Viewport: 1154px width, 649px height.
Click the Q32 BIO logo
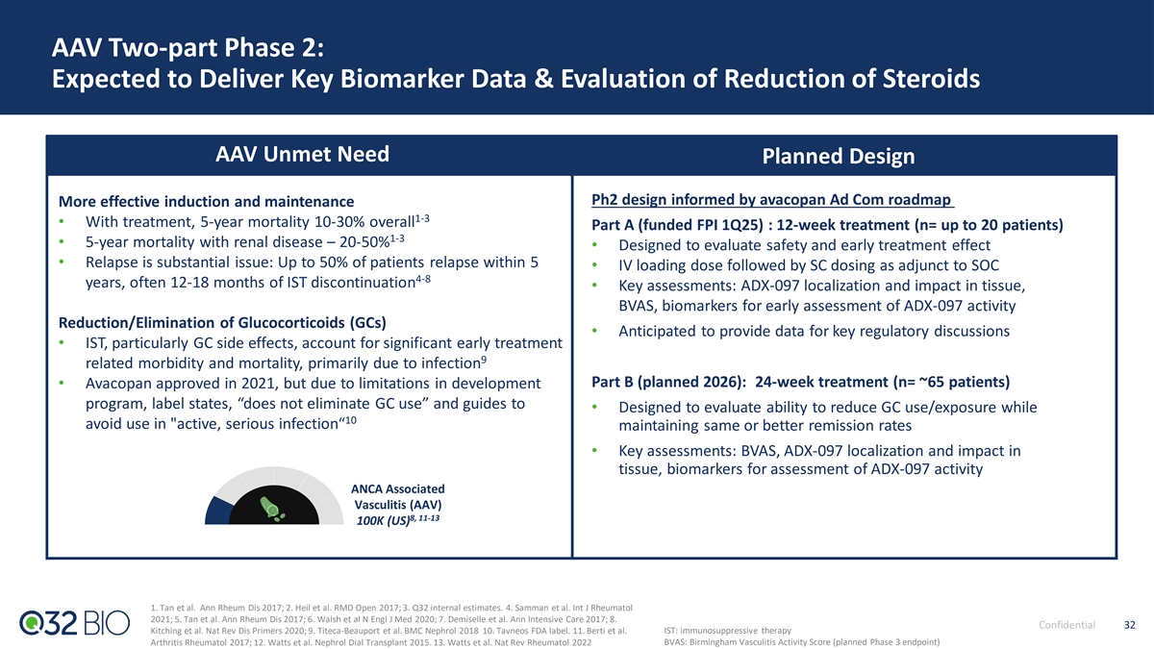pyautogui.click(x=75, y=623)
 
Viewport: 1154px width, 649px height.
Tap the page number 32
pyautogui.click(x=1129, y=625)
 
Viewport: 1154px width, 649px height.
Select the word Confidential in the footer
pyautogui.click(x=1066, y=625)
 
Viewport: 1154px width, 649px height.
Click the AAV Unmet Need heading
pyautogui.click(x=302, y=154)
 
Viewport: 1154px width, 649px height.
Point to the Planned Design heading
pyautogui.click(x=839, y=156)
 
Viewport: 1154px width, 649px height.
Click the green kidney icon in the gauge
pyautogui.click(x=271, y=509)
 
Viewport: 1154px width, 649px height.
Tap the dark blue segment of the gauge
pyautogui.click(x=216, y=512)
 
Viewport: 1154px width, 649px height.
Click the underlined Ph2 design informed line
pyautogui.click(x=772, y=200)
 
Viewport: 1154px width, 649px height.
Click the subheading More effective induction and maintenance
pyautogui.click(x=206, y=201)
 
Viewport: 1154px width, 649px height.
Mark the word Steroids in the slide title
pyautogui.click(x=932, y=79)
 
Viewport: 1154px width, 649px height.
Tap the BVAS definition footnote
pyautogui.click(x=802, y=642)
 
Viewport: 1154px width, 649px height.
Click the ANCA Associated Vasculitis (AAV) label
pyautogui.click(x=398, y=496)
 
